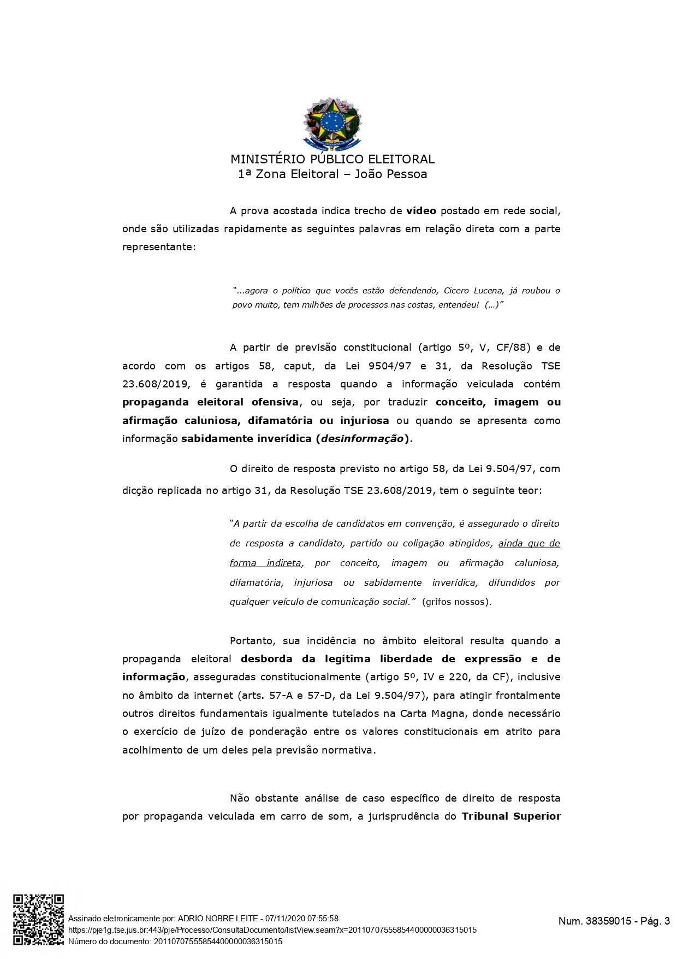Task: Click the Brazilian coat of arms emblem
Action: click(x=332, y=124)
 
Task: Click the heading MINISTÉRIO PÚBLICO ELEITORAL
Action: click(x=332, y=160)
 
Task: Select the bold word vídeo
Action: click(x=421, y=211)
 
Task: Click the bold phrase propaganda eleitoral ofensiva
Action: click(x=210, y=402)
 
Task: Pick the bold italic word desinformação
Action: click(x=363, y=439)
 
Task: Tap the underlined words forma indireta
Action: click(x=265, y=563)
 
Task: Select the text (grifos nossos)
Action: click(x=456, y=602)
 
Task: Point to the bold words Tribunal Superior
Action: click(x=511, y=816)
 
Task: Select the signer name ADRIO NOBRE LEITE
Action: click(x=218, y=919)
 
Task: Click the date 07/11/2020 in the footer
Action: click(x=285, y=919)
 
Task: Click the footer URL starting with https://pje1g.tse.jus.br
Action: click(x=272, y=930)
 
